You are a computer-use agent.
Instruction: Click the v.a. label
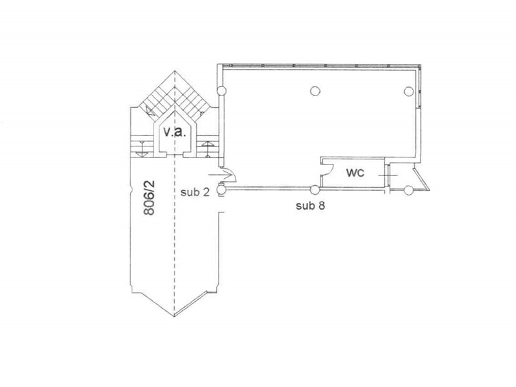(175, 132)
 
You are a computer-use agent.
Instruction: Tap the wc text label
(355, 172)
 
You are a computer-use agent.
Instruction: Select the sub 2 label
(195, 192)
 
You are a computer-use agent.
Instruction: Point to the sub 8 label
(310, 206)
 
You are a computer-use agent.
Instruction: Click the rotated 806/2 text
(149, 197)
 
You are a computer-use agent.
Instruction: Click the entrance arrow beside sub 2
(220, 175)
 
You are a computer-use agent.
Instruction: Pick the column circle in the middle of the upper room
(315, 90)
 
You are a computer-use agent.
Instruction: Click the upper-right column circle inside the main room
(409, 91)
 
